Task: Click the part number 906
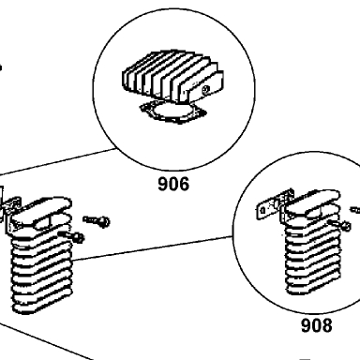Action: [173, 184]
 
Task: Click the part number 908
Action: [316, 325]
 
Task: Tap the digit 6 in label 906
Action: [184, 184]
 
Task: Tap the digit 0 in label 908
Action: [316, 325]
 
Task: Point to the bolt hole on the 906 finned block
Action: [205, 90]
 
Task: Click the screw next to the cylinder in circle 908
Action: [339, 224]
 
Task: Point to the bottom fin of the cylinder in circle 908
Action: [312, 289]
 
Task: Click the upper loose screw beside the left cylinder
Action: [97, 220]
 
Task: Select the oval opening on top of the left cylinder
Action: [40, 224]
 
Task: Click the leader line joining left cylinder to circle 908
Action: [153, 248]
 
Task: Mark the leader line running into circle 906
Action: [58, 161]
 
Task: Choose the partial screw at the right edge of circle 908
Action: [355, 210]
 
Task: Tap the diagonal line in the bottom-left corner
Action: [46, 340]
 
